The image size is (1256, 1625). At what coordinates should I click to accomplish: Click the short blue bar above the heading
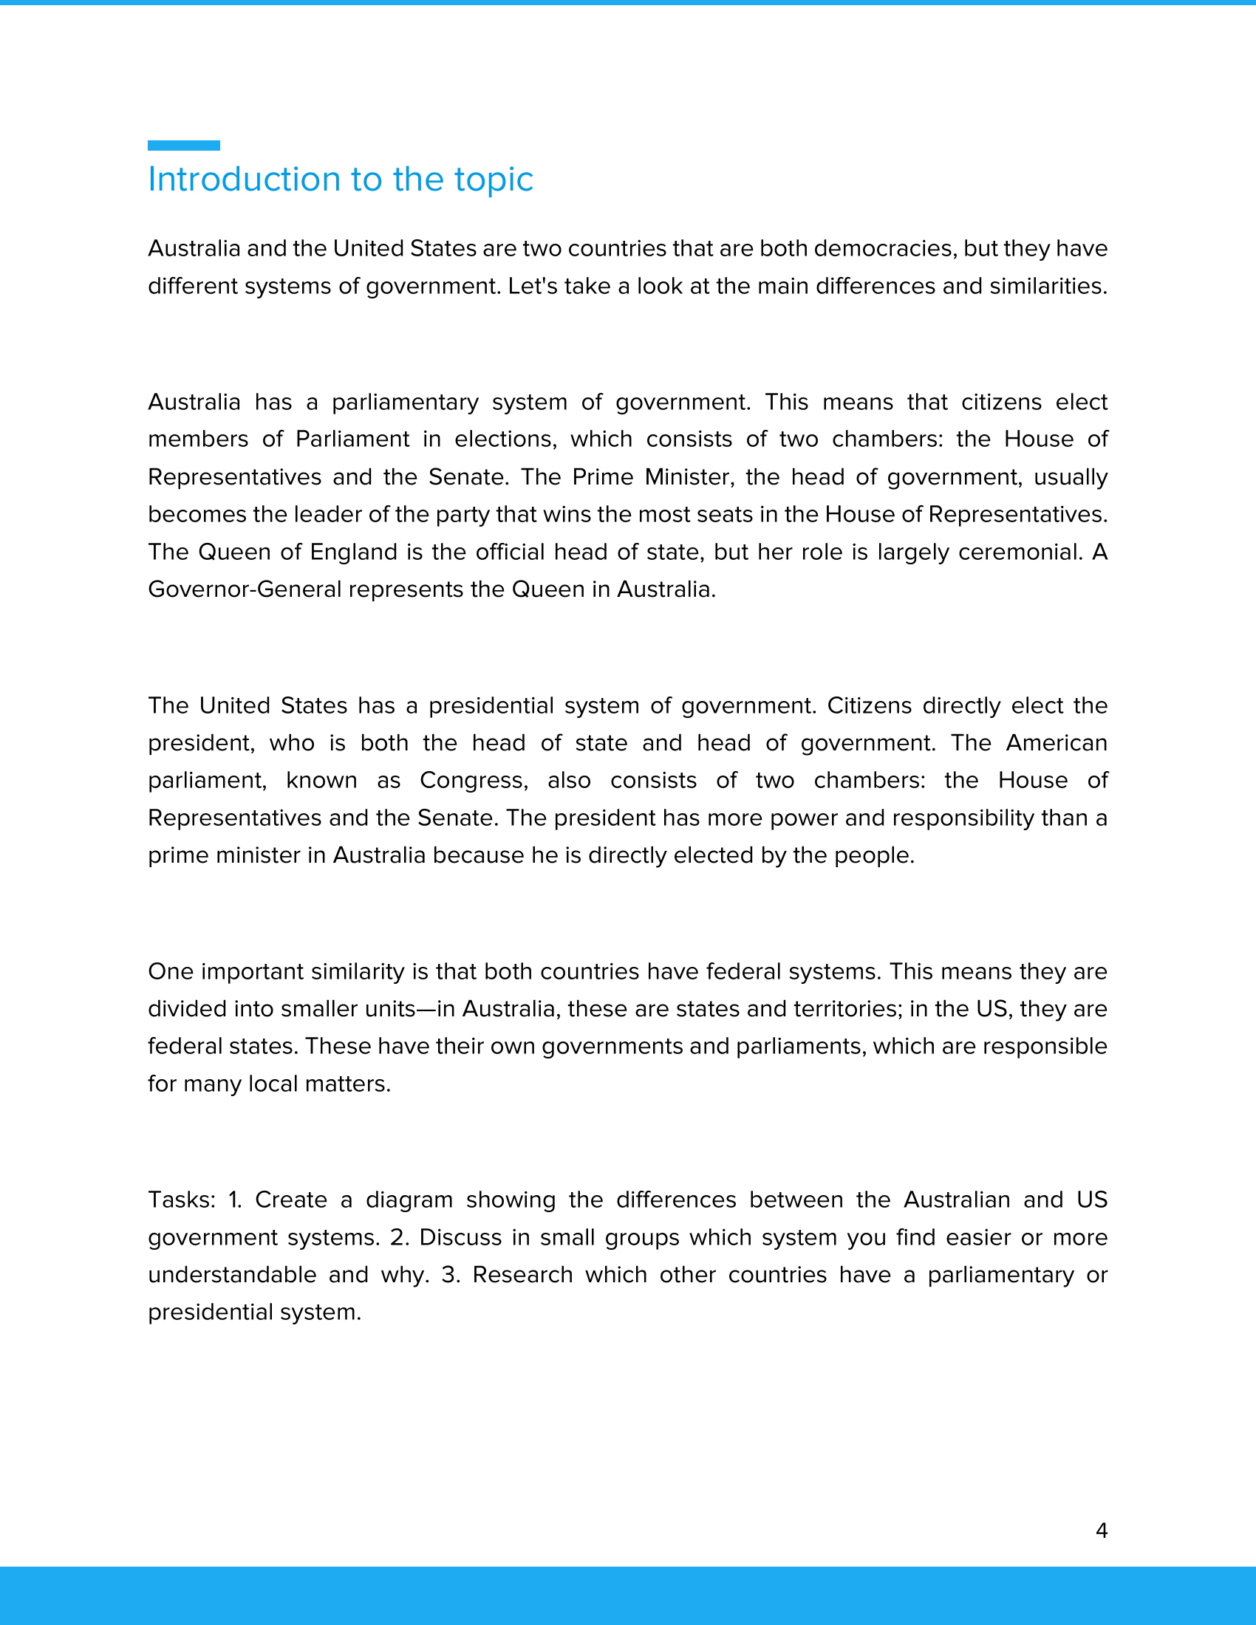point(184,145)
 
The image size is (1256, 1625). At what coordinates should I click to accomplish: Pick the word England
point(353,551)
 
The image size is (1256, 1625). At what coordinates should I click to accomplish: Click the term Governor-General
point(245,589)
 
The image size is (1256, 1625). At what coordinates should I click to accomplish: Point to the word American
point(1056,742)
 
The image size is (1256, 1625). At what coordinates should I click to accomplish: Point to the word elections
point(506,439)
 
